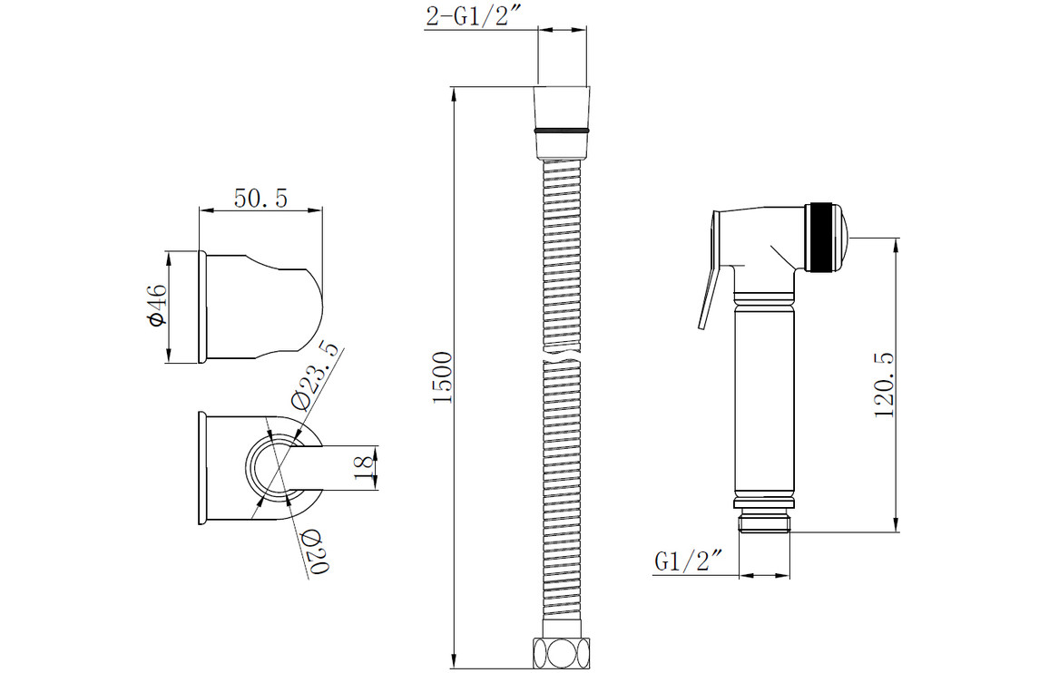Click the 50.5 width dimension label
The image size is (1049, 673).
pos(260,198)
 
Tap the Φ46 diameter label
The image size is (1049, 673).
pos(157,306)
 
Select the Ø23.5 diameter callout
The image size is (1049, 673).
pos(315,374)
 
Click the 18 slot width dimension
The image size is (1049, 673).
pos(364,466)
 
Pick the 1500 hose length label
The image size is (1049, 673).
pos(443,377)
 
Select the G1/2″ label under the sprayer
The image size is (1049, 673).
pos(689,561)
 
